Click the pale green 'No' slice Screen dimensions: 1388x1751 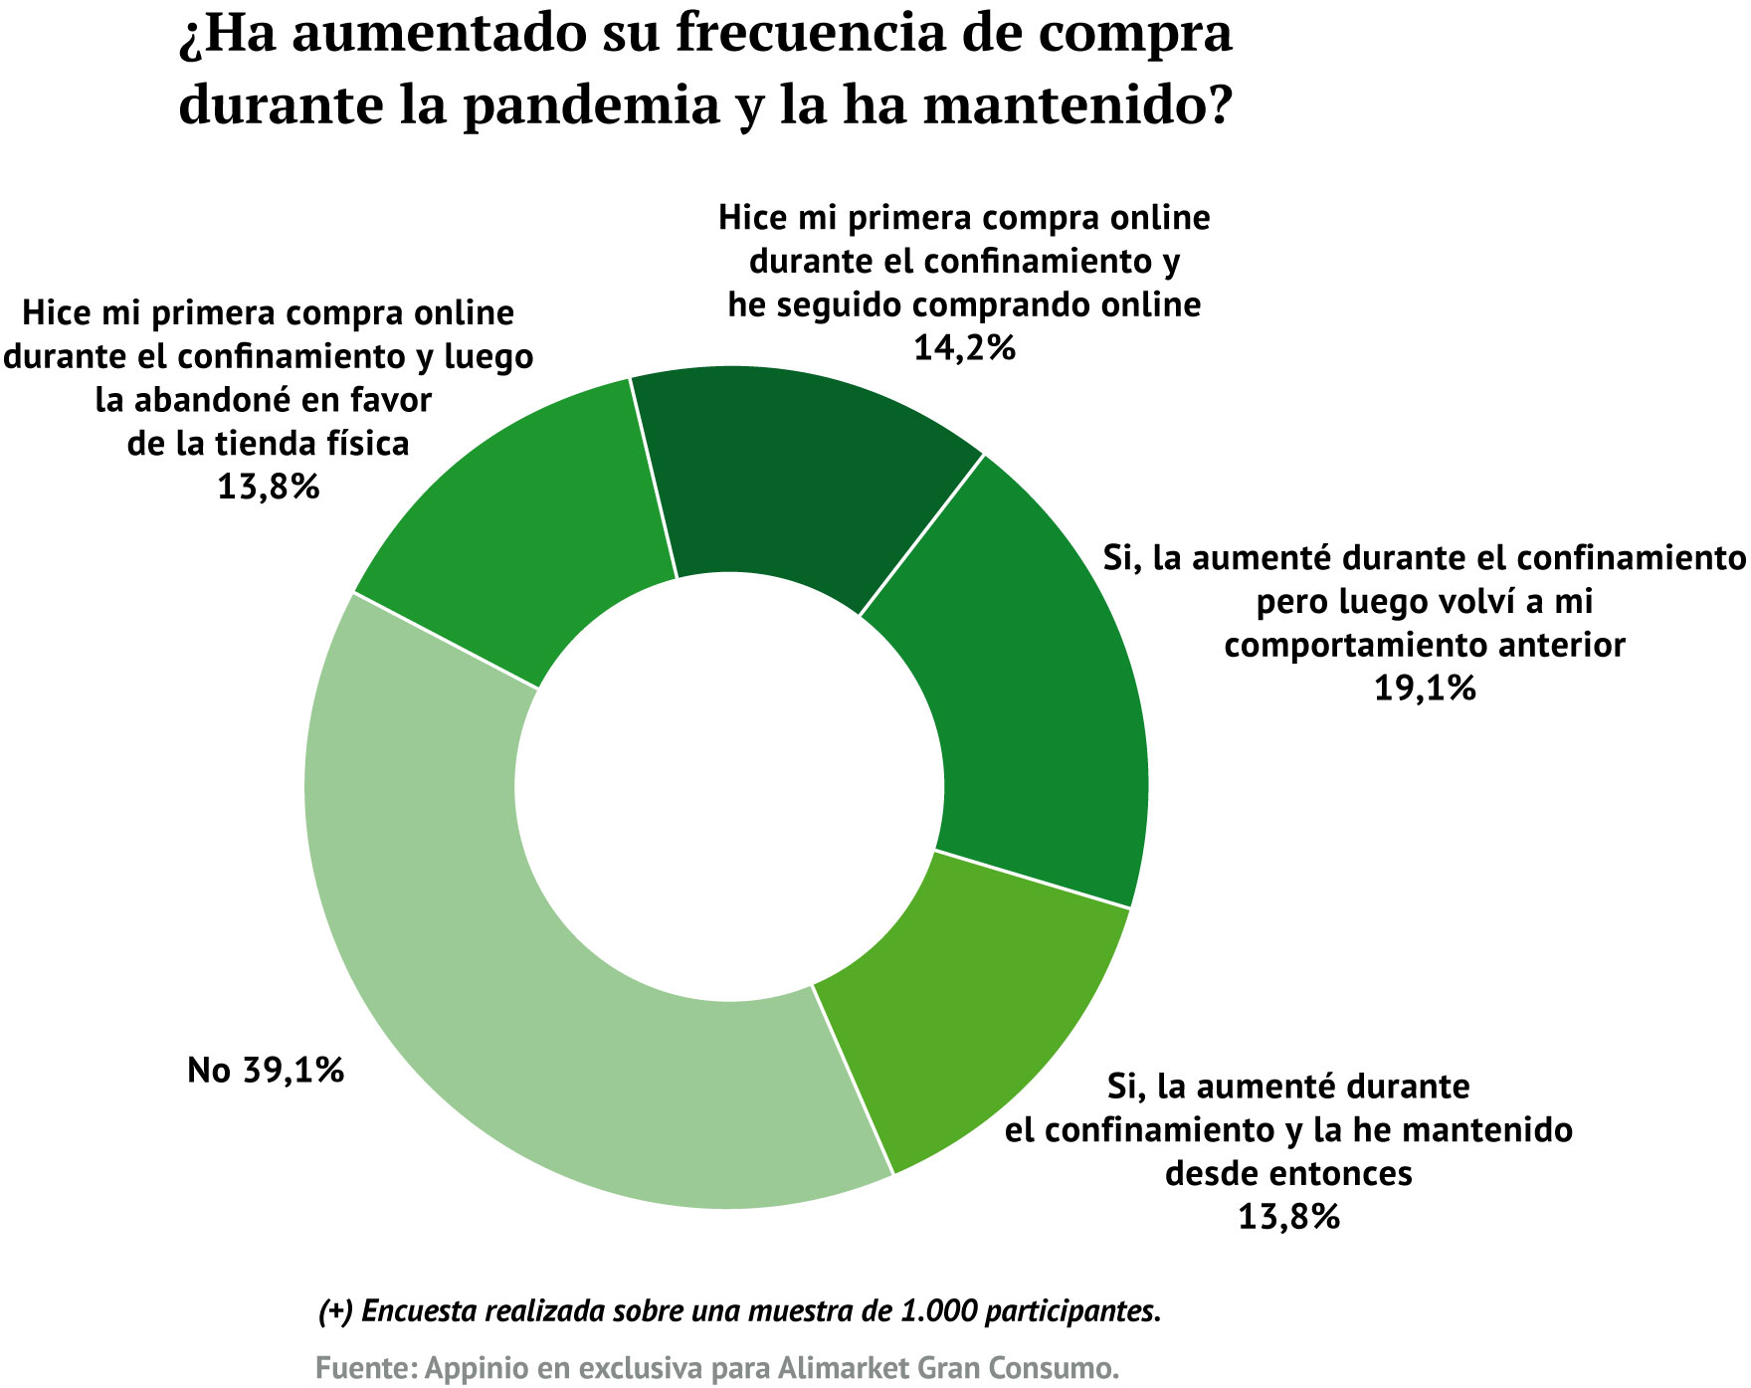click(478, 975)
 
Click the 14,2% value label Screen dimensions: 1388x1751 click(964, 348)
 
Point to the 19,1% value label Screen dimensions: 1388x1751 click(1425, 689)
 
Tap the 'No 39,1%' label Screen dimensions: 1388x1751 click(266, 1071)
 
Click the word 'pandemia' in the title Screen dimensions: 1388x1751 click(591, 104)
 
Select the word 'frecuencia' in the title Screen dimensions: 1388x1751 click(797, 34)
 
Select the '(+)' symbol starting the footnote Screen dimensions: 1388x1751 click(335, 1311)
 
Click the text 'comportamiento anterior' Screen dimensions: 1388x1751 click(1425, 645)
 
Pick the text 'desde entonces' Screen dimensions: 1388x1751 click(1288, 1174)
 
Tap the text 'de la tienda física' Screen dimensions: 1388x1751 click(268, 443)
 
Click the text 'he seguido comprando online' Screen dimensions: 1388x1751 click(964, 304)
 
